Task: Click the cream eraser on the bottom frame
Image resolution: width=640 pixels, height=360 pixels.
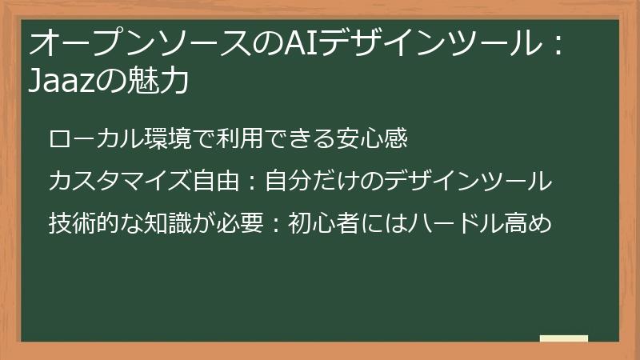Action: click(x=564, y=339)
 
